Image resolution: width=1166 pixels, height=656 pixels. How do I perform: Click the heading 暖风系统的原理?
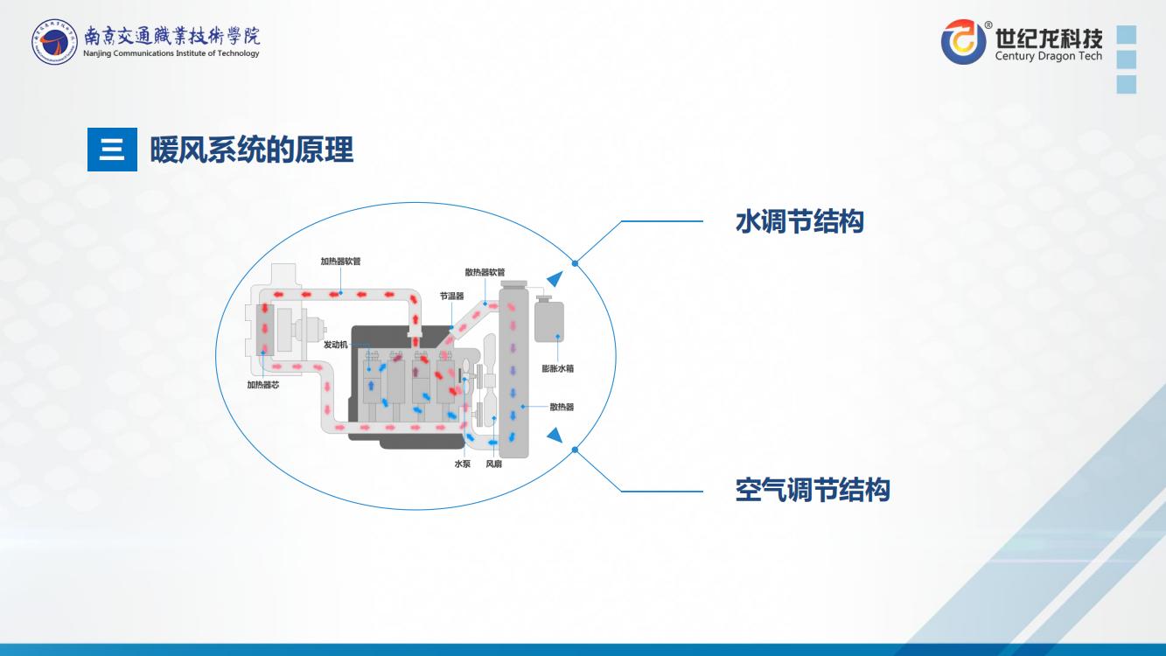[252, 150]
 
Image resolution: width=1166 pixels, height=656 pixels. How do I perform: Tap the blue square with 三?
[112, 150]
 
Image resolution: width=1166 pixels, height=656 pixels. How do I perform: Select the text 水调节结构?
[799, 221]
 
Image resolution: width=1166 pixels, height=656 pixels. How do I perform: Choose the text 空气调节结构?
[812, 490]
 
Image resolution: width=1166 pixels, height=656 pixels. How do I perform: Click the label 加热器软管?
[340, 261]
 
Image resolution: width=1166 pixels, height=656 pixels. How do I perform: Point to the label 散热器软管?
[485, 272]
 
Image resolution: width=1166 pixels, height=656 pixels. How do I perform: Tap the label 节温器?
[451, 296]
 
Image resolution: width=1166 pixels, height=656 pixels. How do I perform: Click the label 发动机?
[335, 345]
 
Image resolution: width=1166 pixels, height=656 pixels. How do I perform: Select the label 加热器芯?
[262, 384]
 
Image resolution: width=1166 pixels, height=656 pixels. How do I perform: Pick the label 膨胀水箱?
[557, 368]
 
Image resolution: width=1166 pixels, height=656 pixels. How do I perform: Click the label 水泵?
[462, 464]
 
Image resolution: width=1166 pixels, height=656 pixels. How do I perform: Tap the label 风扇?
[493, 464]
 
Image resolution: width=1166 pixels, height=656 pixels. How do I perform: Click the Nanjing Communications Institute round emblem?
[54, 40]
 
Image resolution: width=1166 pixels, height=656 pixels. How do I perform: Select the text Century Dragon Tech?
[1049, 57]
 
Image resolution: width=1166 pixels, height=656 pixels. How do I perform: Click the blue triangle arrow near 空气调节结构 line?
[554, 434]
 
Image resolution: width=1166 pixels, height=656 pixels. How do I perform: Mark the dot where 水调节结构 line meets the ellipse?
[575, 262]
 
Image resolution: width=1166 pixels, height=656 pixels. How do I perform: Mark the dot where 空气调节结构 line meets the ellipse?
[575, 450]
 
